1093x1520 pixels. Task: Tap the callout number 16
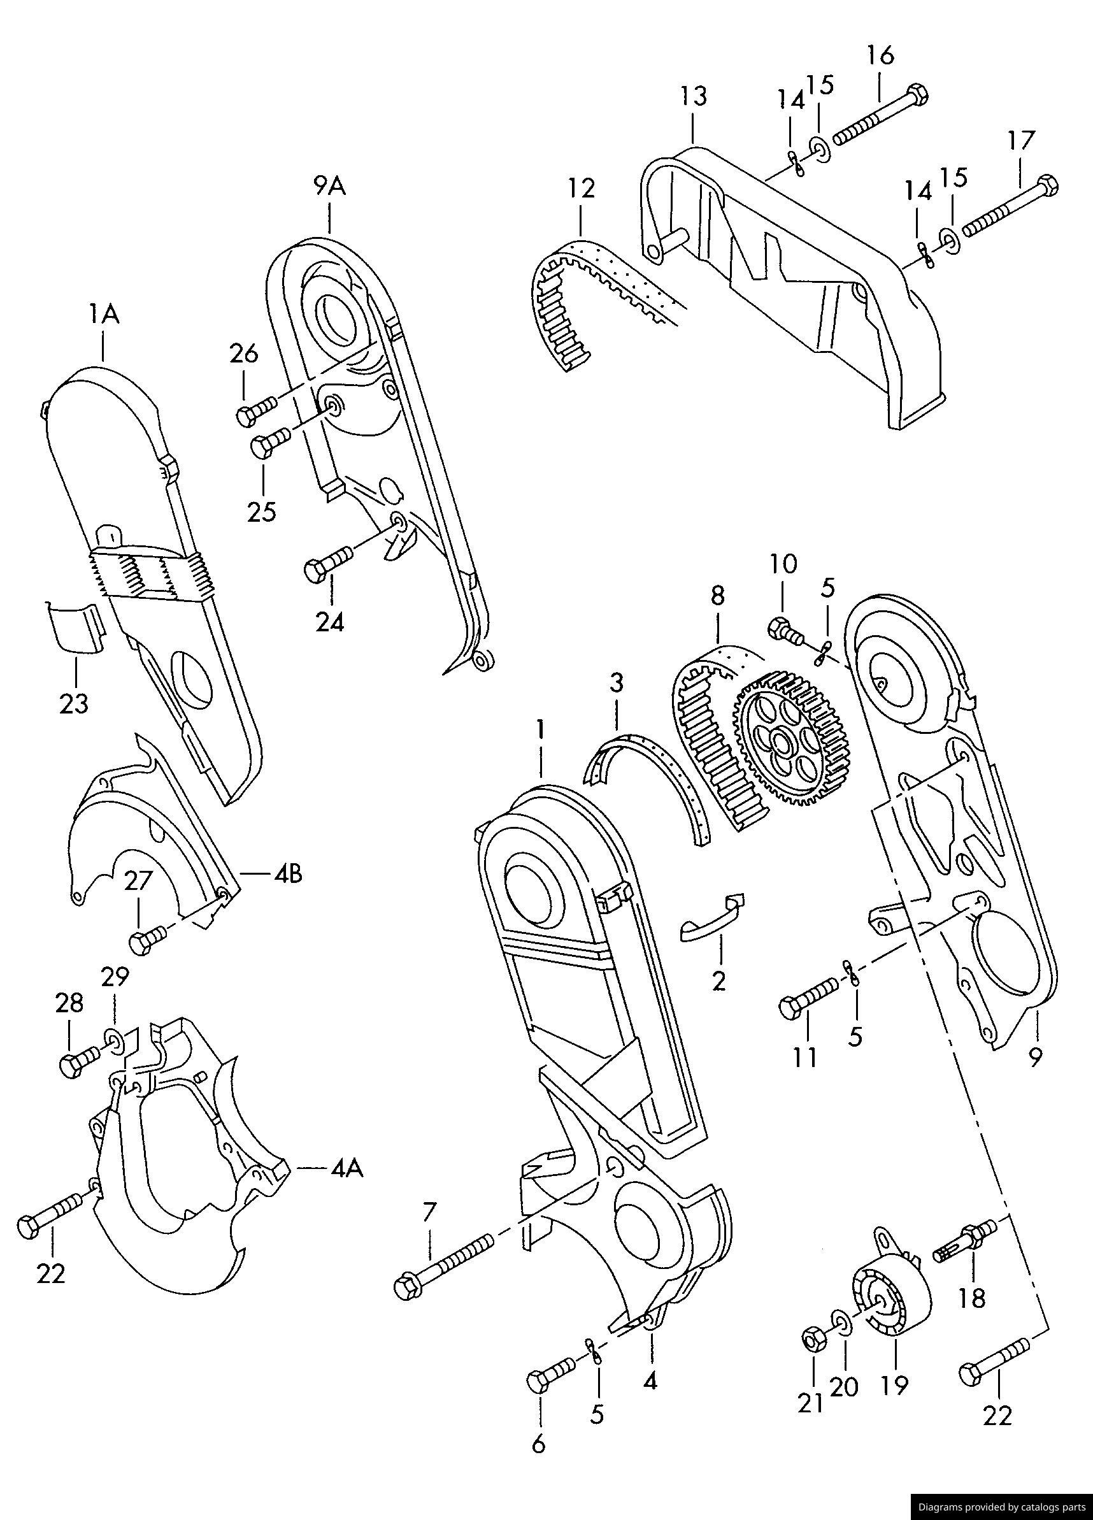click(880, 55)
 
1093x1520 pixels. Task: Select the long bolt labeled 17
click(1008, 208)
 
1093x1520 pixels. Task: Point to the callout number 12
click(581, 189)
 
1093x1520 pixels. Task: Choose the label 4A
click(346, 1168)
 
